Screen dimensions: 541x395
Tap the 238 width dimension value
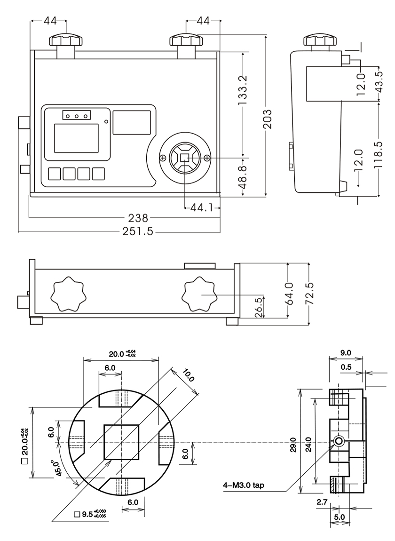138,218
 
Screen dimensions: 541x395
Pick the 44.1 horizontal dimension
201,207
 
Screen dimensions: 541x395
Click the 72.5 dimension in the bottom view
309,294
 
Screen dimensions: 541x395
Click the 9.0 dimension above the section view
346,352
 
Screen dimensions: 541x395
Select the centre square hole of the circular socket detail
122,442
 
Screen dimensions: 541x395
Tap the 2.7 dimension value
322,502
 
